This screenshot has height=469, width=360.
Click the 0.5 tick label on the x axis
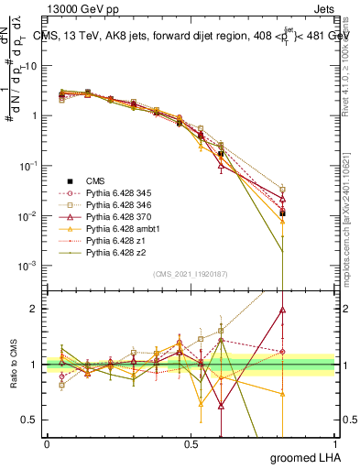click(191, 443)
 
